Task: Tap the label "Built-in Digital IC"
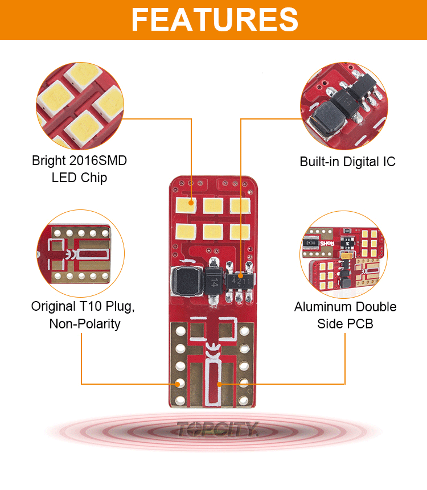tap(347, 162)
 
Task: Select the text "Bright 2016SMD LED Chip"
tap(79, 169)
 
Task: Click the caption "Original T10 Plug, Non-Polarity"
tap(84, 315)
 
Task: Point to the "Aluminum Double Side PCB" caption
tap(345, 315)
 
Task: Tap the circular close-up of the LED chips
tap(79, 105)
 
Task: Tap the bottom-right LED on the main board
tap(239, 231)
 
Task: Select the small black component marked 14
tap(213, 280)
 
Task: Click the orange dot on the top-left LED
tap(192, 200)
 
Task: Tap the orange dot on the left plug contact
tap(179, 384)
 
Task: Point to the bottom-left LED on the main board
tap(186, 231)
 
